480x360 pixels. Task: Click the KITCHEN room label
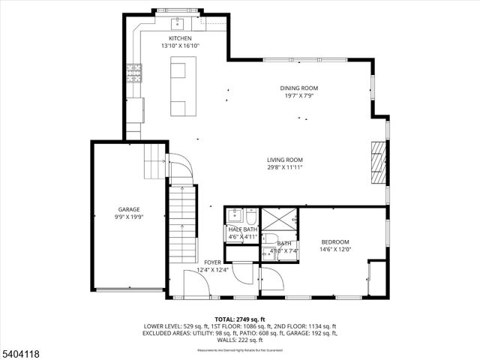(180, 38)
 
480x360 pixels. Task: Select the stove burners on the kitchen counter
(135, 73)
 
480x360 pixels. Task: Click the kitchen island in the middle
(179, 88)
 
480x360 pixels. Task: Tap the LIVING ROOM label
(284, 159)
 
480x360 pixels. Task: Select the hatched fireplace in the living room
(379, 162)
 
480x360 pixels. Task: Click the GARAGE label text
(128, 209)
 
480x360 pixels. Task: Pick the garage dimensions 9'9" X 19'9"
(128, 217)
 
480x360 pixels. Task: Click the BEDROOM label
(335, 241)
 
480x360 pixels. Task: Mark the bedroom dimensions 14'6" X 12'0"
(335, 249)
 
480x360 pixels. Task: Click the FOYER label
(212, 262)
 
